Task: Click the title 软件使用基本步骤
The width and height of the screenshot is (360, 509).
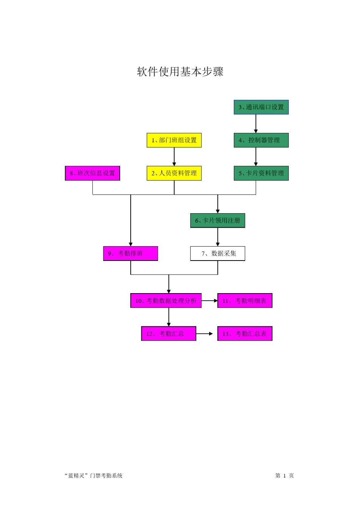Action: click(180, 72)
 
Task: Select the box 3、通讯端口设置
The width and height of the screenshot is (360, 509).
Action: click(261, 107)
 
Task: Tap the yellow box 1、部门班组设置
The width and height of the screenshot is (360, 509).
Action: click(174, 140)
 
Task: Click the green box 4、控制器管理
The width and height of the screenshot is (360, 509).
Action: click(261, 140)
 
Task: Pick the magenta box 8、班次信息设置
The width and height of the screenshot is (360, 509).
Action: click(92, 173)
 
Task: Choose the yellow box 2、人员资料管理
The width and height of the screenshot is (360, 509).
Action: click(174, 173)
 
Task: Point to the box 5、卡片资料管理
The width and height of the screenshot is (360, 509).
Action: click(261, 173)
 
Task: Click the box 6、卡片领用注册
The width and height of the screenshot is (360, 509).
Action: click(218, 220)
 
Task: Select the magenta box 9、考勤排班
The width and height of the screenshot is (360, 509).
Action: click(130, 253)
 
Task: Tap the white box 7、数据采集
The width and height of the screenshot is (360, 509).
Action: click(218, 253)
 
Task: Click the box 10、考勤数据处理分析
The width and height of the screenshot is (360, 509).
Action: click(166, 301)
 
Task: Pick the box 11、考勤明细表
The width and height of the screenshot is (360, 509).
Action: click(244, 301)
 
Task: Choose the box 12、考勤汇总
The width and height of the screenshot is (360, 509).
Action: click(169, 334)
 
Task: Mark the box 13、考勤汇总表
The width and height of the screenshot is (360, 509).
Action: click(244, 334)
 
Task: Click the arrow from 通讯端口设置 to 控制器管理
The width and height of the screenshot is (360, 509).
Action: click(256, 123)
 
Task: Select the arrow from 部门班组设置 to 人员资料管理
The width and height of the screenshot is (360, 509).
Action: click(174, 156)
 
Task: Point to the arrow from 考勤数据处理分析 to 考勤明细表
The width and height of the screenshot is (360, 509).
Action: click(209, 301)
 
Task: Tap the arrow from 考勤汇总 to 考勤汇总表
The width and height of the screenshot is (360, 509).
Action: click(205, 334)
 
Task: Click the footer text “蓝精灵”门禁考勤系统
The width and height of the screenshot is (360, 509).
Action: click(94, 476)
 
